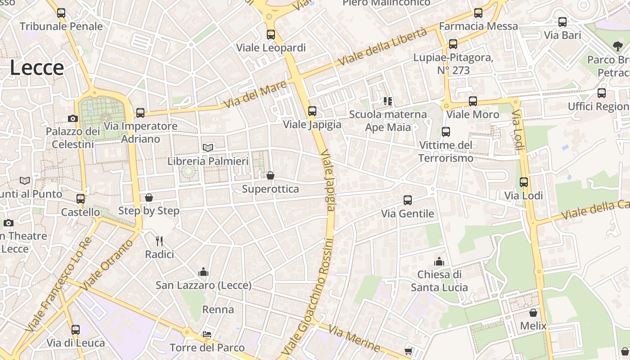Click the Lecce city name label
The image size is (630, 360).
point(37,68)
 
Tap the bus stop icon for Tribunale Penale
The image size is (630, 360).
point(61,13)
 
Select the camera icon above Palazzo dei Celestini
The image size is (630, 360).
point(72,119)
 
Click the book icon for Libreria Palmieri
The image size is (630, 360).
point(208,148)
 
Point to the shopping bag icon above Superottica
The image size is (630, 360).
point(270,175)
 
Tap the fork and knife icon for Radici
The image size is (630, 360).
point(159,241)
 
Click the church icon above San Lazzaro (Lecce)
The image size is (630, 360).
point(203,272)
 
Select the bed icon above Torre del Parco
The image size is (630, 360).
point(207,334)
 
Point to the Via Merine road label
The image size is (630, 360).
point(354,338)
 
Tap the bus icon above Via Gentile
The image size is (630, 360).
point(408,200)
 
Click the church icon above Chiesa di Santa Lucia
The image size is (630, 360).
point(439,261)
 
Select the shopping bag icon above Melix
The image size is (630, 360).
point(533,313)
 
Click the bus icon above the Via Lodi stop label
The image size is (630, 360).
point(524,182)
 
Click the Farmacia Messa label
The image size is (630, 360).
point(478,26)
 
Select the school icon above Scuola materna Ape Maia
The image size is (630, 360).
point(388,101)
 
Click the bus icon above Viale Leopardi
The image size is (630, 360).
point(271,34)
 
